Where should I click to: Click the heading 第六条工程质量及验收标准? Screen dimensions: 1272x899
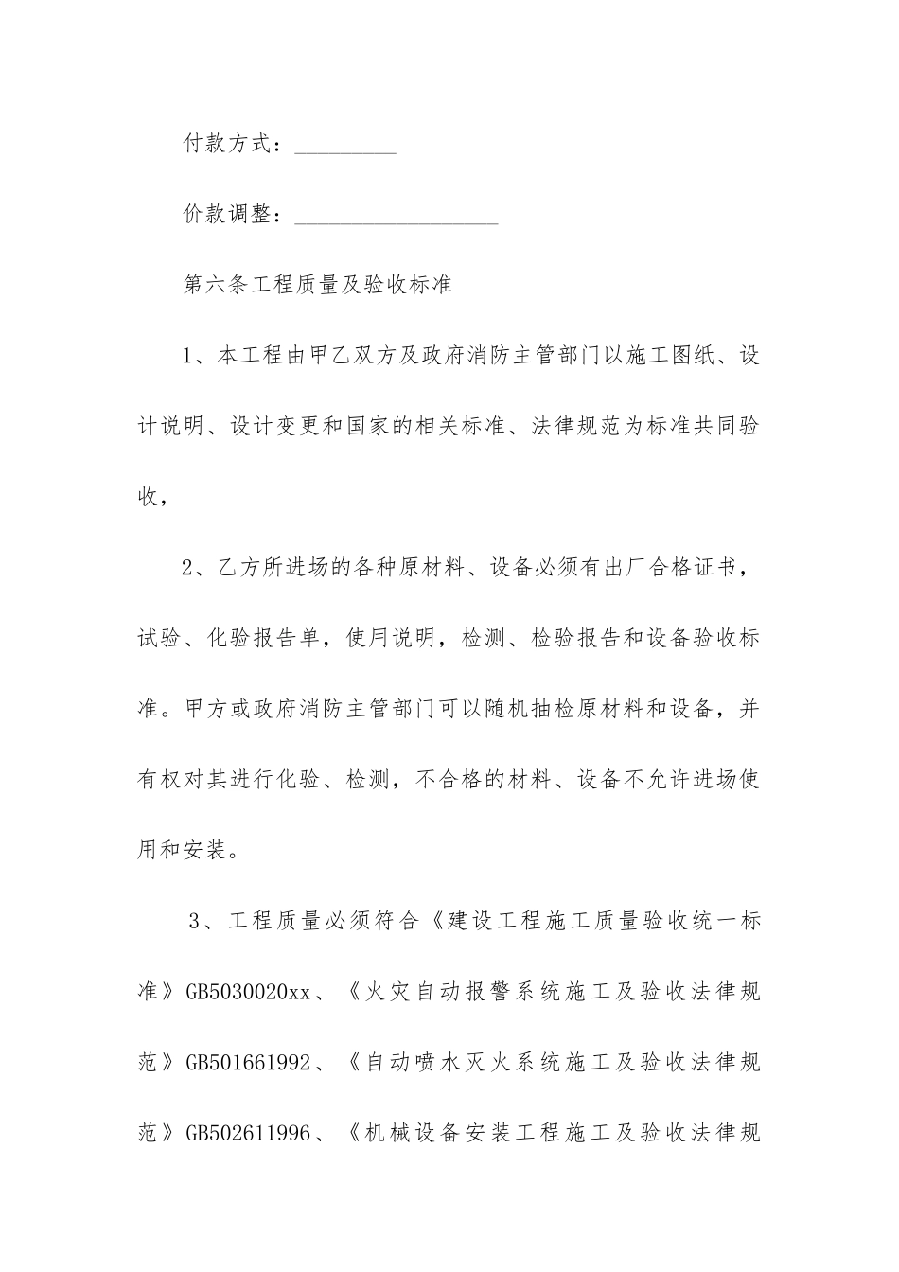(x=316, y=285)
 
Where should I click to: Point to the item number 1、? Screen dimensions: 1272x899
(x=198, y=356)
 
